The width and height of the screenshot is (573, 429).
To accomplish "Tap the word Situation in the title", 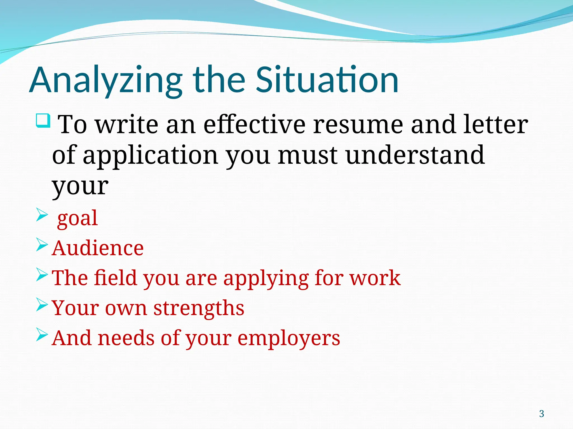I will point(327,80).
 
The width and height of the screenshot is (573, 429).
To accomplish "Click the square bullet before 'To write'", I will point(43,121).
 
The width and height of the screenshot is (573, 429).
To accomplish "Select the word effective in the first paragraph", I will point(254,125).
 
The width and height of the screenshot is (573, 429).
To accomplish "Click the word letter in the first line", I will point(495,125).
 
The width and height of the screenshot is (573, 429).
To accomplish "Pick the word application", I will point(150,155).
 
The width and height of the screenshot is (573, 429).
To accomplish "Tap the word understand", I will point(415,155).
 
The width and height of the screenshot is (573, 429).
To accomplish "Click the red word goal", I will point(77,218).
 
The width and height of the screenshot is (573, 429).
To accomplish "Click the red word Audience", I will point(98,248).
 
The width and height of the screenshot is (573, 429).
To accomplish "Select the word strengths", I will point(199,308).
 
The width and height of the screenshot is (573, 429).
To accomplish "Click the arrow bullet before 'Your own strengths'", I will point(42,305).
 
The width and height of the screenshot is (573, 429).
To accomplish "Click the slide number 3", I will point(541,414).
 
